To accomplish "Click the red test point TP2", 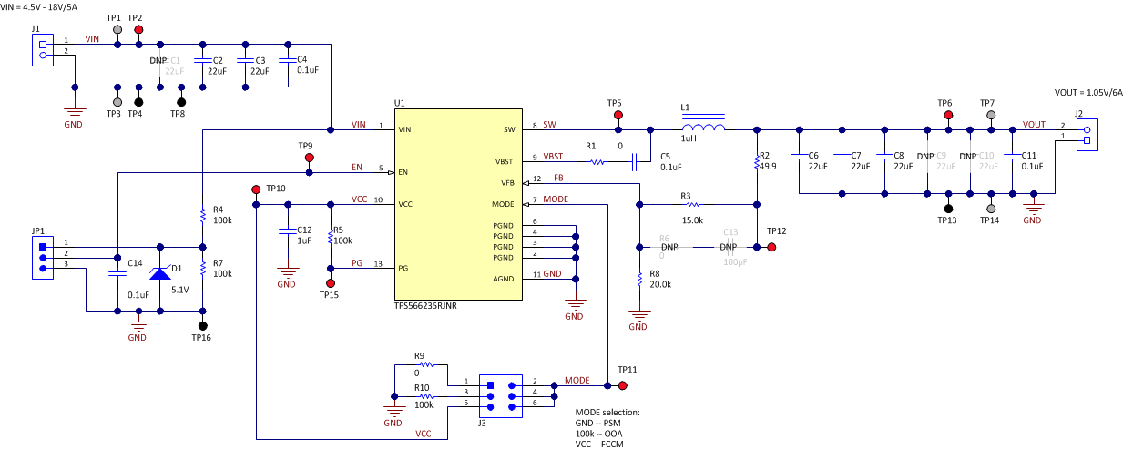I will [x=138, y=30].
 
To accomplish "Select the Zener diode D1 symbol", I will [x=160, y=274].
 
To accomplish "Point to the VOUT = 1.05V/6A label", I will [x=1088, y=92].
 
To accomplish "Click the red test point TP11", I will [x=623, y=385].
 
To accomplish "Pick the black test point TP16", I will [x=202, y=325].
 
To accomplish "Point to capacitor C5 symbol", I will [x=636, y=162].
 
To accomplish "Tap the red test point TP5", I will [x=618, y=116].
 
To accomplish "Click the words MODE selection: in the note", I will [x=607, y=413].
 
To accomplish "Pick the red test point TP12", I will [x=771, y=247].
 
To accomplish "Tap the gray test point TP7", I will [x=991, y=116].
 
